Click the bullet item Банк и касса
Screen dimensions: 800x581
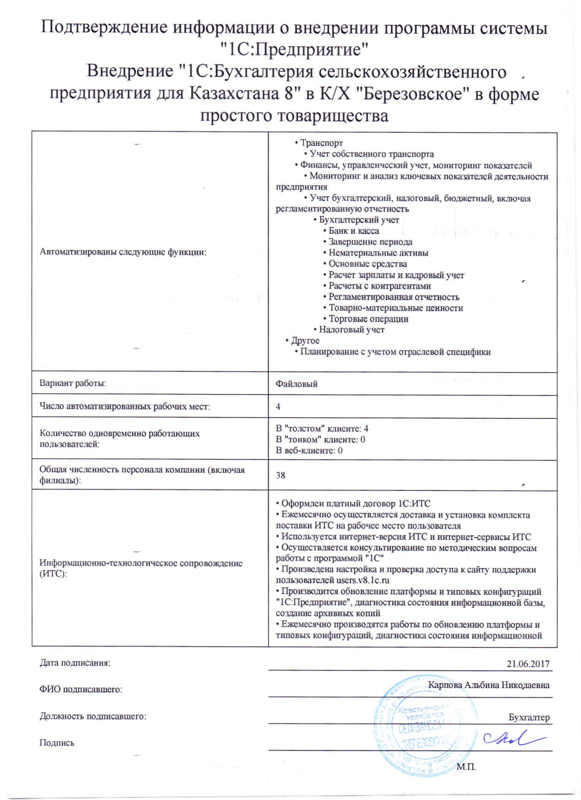point(353,231)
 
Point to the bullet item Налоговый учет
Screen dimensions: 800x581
point(351,330)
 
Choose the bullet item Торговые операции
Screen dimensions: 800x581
point(368,319)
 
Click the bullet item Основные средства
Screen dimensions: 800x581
point(368,264)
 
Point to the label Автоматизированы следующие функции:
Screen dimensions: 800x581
point(123,252)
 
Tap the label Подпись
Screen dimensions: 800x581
point(57,743)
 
